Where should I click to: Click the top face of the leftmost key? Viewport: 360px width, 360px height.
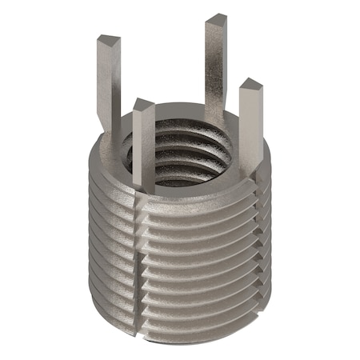[x=109, y=39]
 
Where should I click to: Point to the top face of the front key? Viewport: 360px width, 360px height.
[x=143, y=104]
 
